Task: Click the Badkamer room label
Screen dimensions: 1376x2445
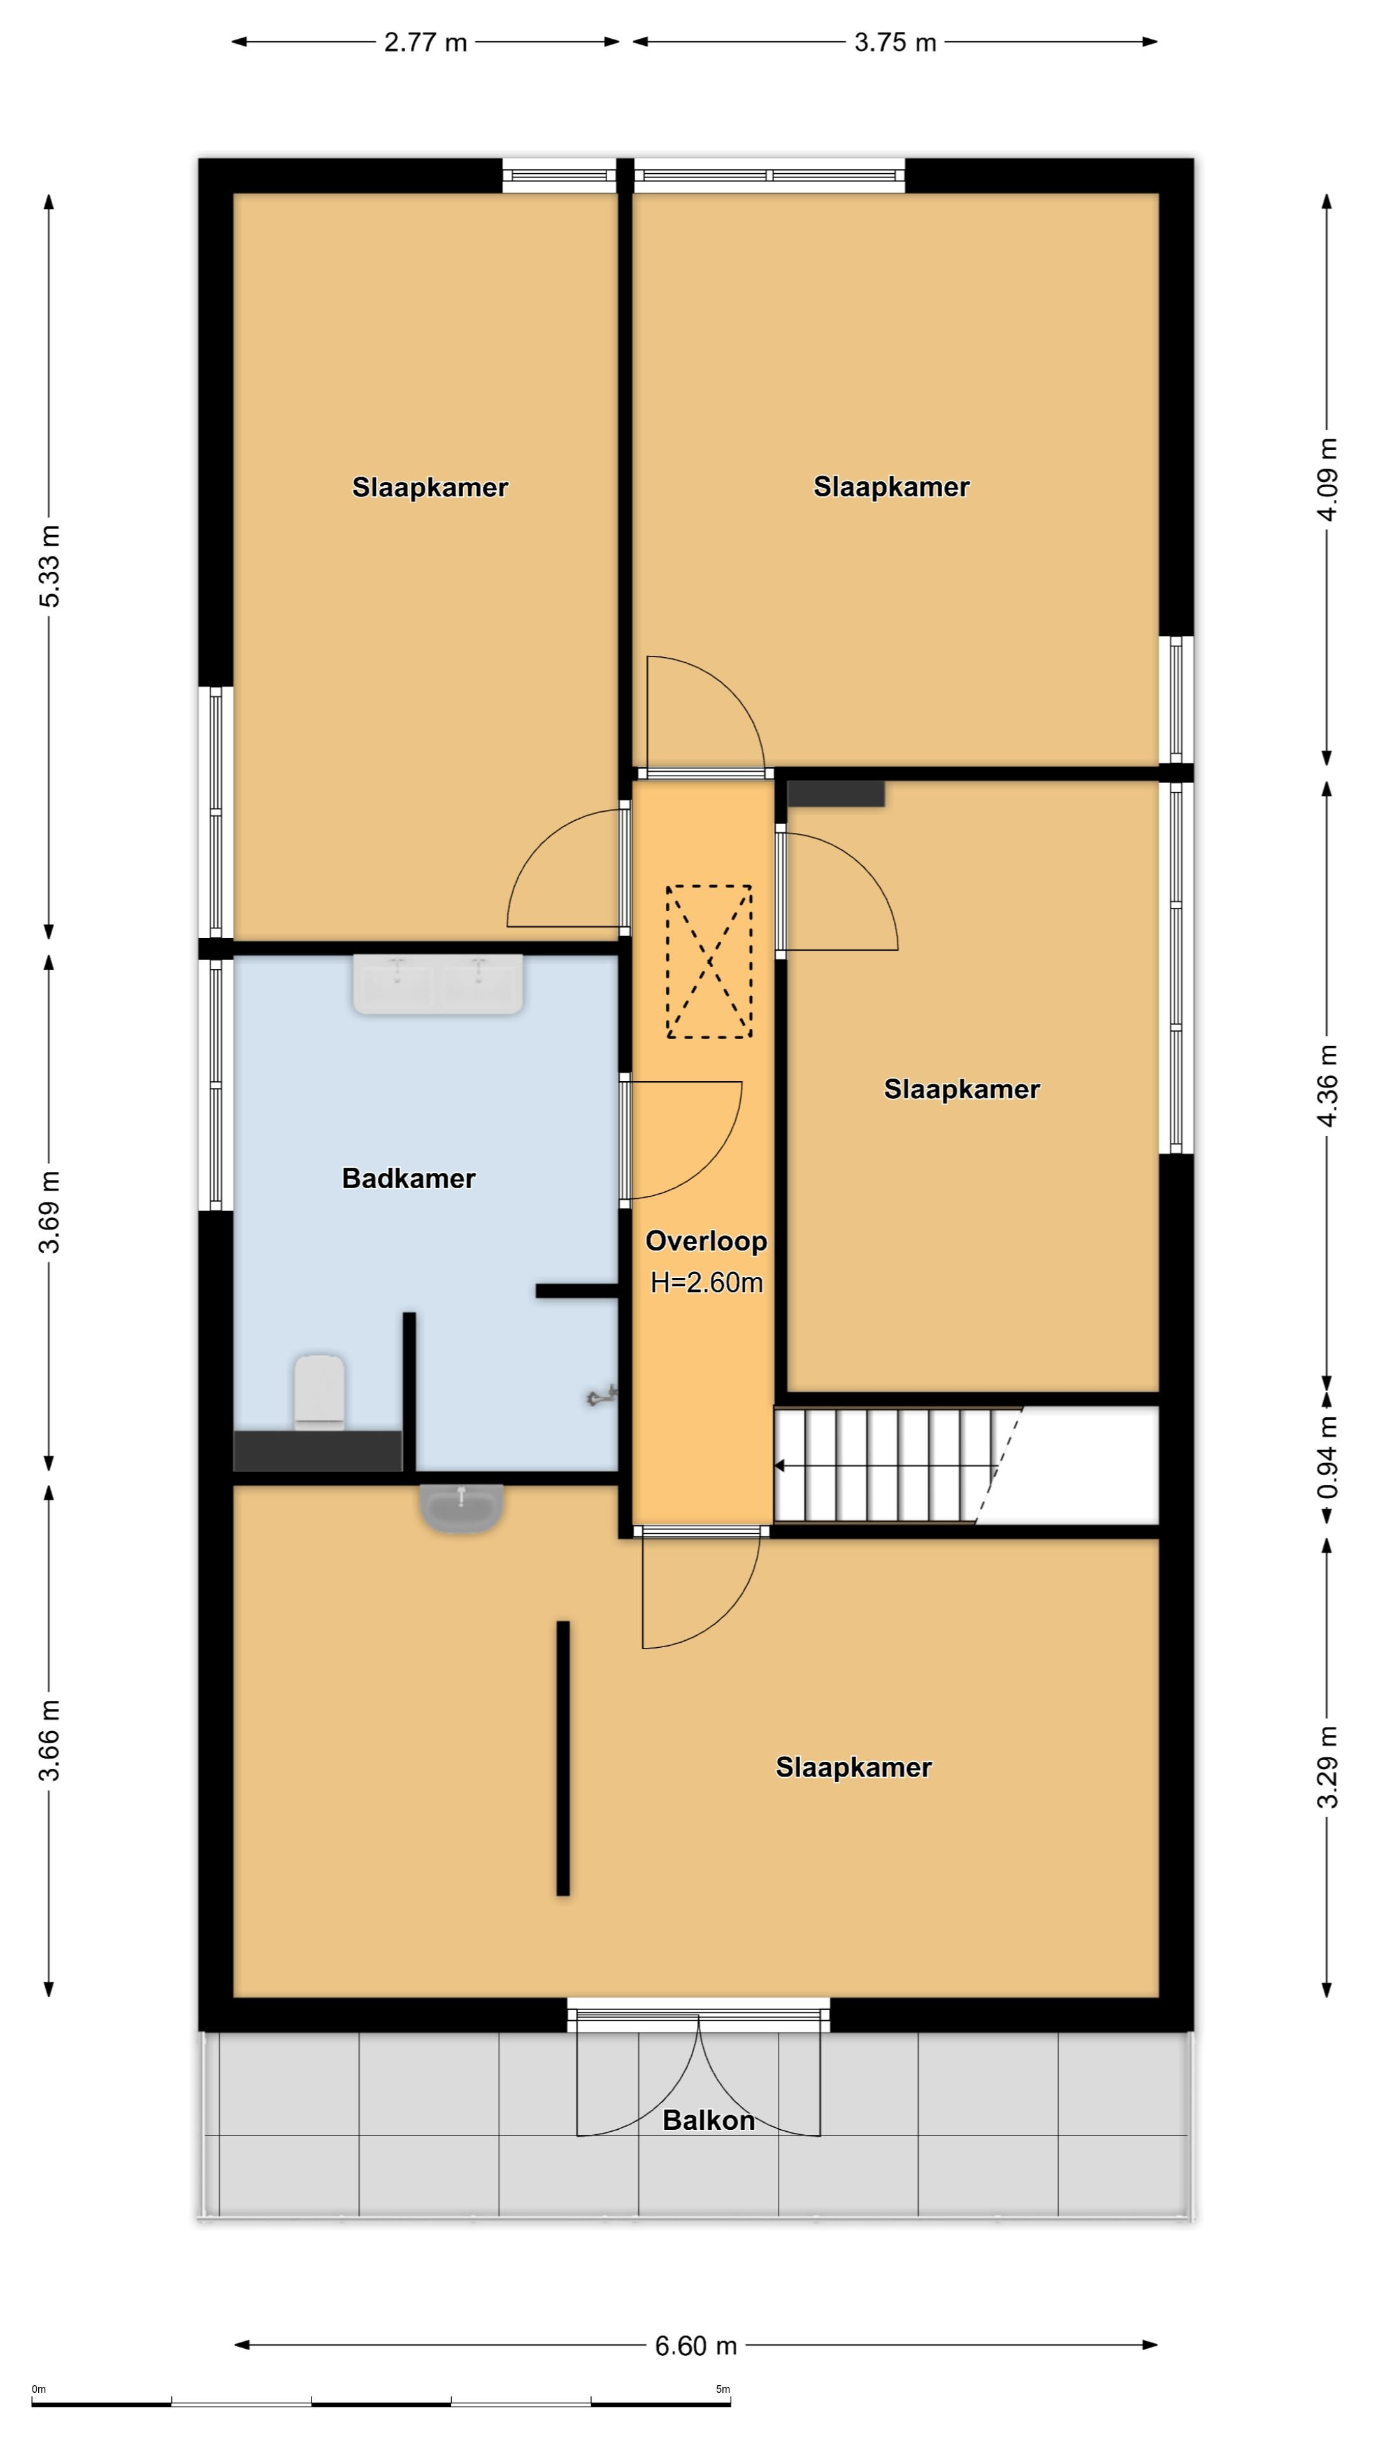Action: [x=408, y=1178]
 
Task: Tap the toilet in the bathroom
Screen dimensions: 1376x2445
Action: [x=319, y=1391]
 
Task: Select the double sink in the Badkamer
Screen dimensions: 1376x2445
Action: [x=438, y=984]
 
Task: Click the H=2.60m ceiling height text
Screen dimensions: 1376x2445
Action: [x=706, y=1282]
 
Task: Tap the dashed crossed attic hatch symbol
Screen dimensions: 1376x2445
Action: [x=708, y=961]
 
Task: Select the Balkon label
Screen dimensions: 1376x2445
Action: [x=708, y=2120]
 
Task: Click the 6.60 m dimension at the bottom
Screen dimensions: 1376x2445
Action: [x=696, y=2345]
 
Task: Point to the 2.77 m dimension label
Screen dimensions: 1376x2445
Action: [x=426, y=42]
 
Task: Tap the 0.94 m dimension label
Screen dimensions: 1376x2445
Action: [x=1328, y=1458]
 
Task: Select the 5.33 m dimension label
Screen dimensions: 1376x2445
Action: [x=50, y=565]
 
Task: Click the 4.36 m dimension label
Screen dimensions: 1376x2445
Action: [x=1328, y=1086]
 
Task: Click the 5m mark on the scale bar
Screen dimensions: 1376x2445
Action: [x=722, y=2389]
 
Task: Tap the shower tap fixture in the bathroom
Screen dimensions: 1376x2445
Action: [x=602, y=1395]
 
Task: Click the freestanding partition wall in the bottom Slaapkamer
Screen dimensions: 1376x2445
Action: [x=563, y=1758]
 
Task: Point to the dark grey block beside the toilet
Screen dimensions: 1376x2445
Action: [x=318, y=1451]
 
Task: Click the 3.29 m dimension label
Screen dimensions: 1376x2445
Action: [x=1328, y=1768]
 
